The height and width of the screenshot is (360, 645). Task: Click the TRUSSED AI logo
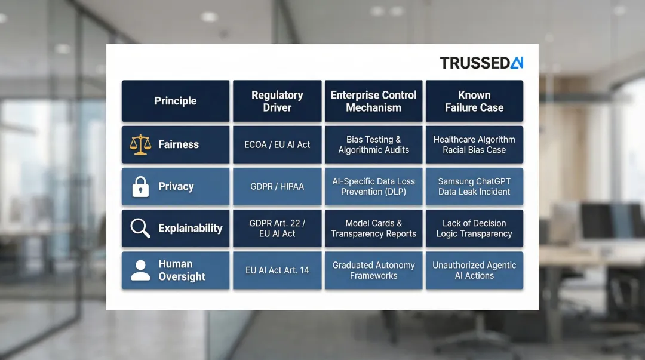(481, 63)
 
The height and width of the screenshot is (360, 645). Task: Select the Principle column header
(176, 101)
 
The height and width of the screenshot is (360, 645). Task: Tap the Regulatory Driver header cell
(277, 101)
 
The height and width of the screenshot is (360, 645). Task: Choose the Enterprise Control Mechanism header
(374, 101)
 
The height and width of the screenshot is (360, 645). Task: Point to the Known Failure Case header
(474, 101)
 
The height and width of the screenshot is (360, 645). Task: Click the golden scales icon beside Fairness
(140, 144)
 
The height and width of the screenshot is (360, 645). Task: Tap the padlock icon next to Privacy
(140, 187)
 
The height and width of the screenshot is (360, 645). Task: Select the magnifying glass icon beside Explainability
(140, 228)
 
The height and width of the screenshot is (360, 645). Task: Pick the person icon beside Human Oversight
(140, 270)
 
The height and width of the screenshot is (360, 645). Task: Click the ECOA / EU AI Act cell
(277, 144)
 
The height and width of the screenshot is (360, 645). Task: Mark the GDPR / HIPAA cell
(277, 187)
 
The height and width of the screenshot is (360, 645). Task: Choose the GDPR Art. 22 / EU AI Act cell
(277, 228)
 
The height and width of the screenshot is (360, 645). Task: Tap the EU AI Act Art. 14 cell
(277, 270)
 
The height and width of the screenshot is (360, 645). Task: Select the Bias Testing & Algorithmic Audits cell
(374, 144)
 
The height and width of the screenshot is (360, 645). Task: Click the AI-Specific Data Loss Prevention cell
(374, 187)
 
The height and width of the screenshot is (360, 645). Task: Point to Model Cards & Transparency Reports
(374, 228)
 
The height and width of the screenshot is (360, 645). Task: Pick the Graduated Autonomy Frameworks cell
(374, 270)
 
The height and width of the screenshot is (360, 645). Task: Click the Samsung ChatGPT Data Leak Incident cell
(474, 187)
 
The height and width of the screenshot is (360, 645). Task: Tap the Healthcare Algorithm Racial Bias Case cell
(474, 144)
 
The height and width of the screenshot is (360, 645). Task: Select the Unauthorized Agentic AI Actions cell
(474, 270)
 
